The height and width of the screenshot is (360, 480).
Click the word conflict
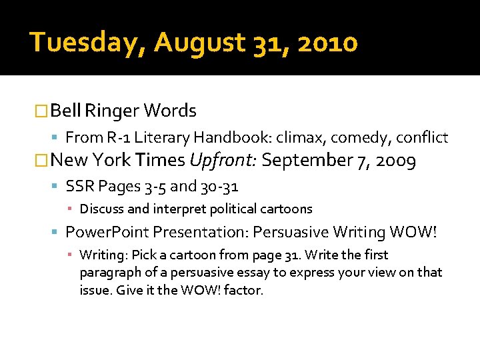point(422,138)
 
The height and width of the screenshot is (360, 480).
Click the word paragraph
point(109,273)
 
